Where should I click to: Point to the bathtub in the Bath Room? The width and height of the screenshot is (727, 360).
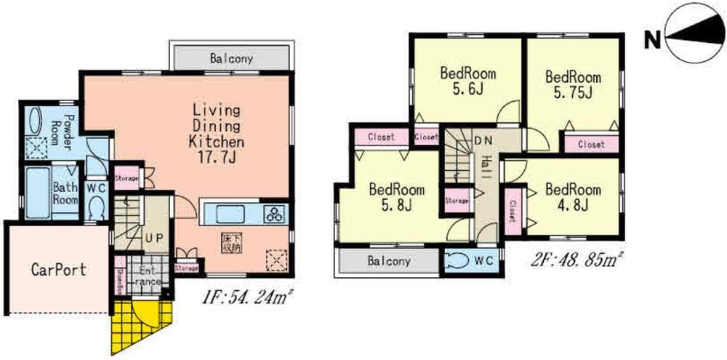click(34, 192)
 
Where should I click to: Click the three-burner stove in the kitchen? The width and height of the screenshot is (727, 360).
click(277, 214)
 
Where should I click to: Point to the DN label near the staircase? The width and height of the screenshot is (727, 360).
click(482, 140)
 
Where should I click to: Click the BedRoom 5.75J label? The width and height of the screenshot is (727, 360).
click(573, 84)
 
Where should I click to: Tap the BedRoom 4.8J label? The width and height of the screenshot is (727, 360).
click(574, 197)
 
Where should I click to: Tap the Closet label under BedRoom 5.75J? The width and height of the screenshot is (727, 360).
click(591, 144)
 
